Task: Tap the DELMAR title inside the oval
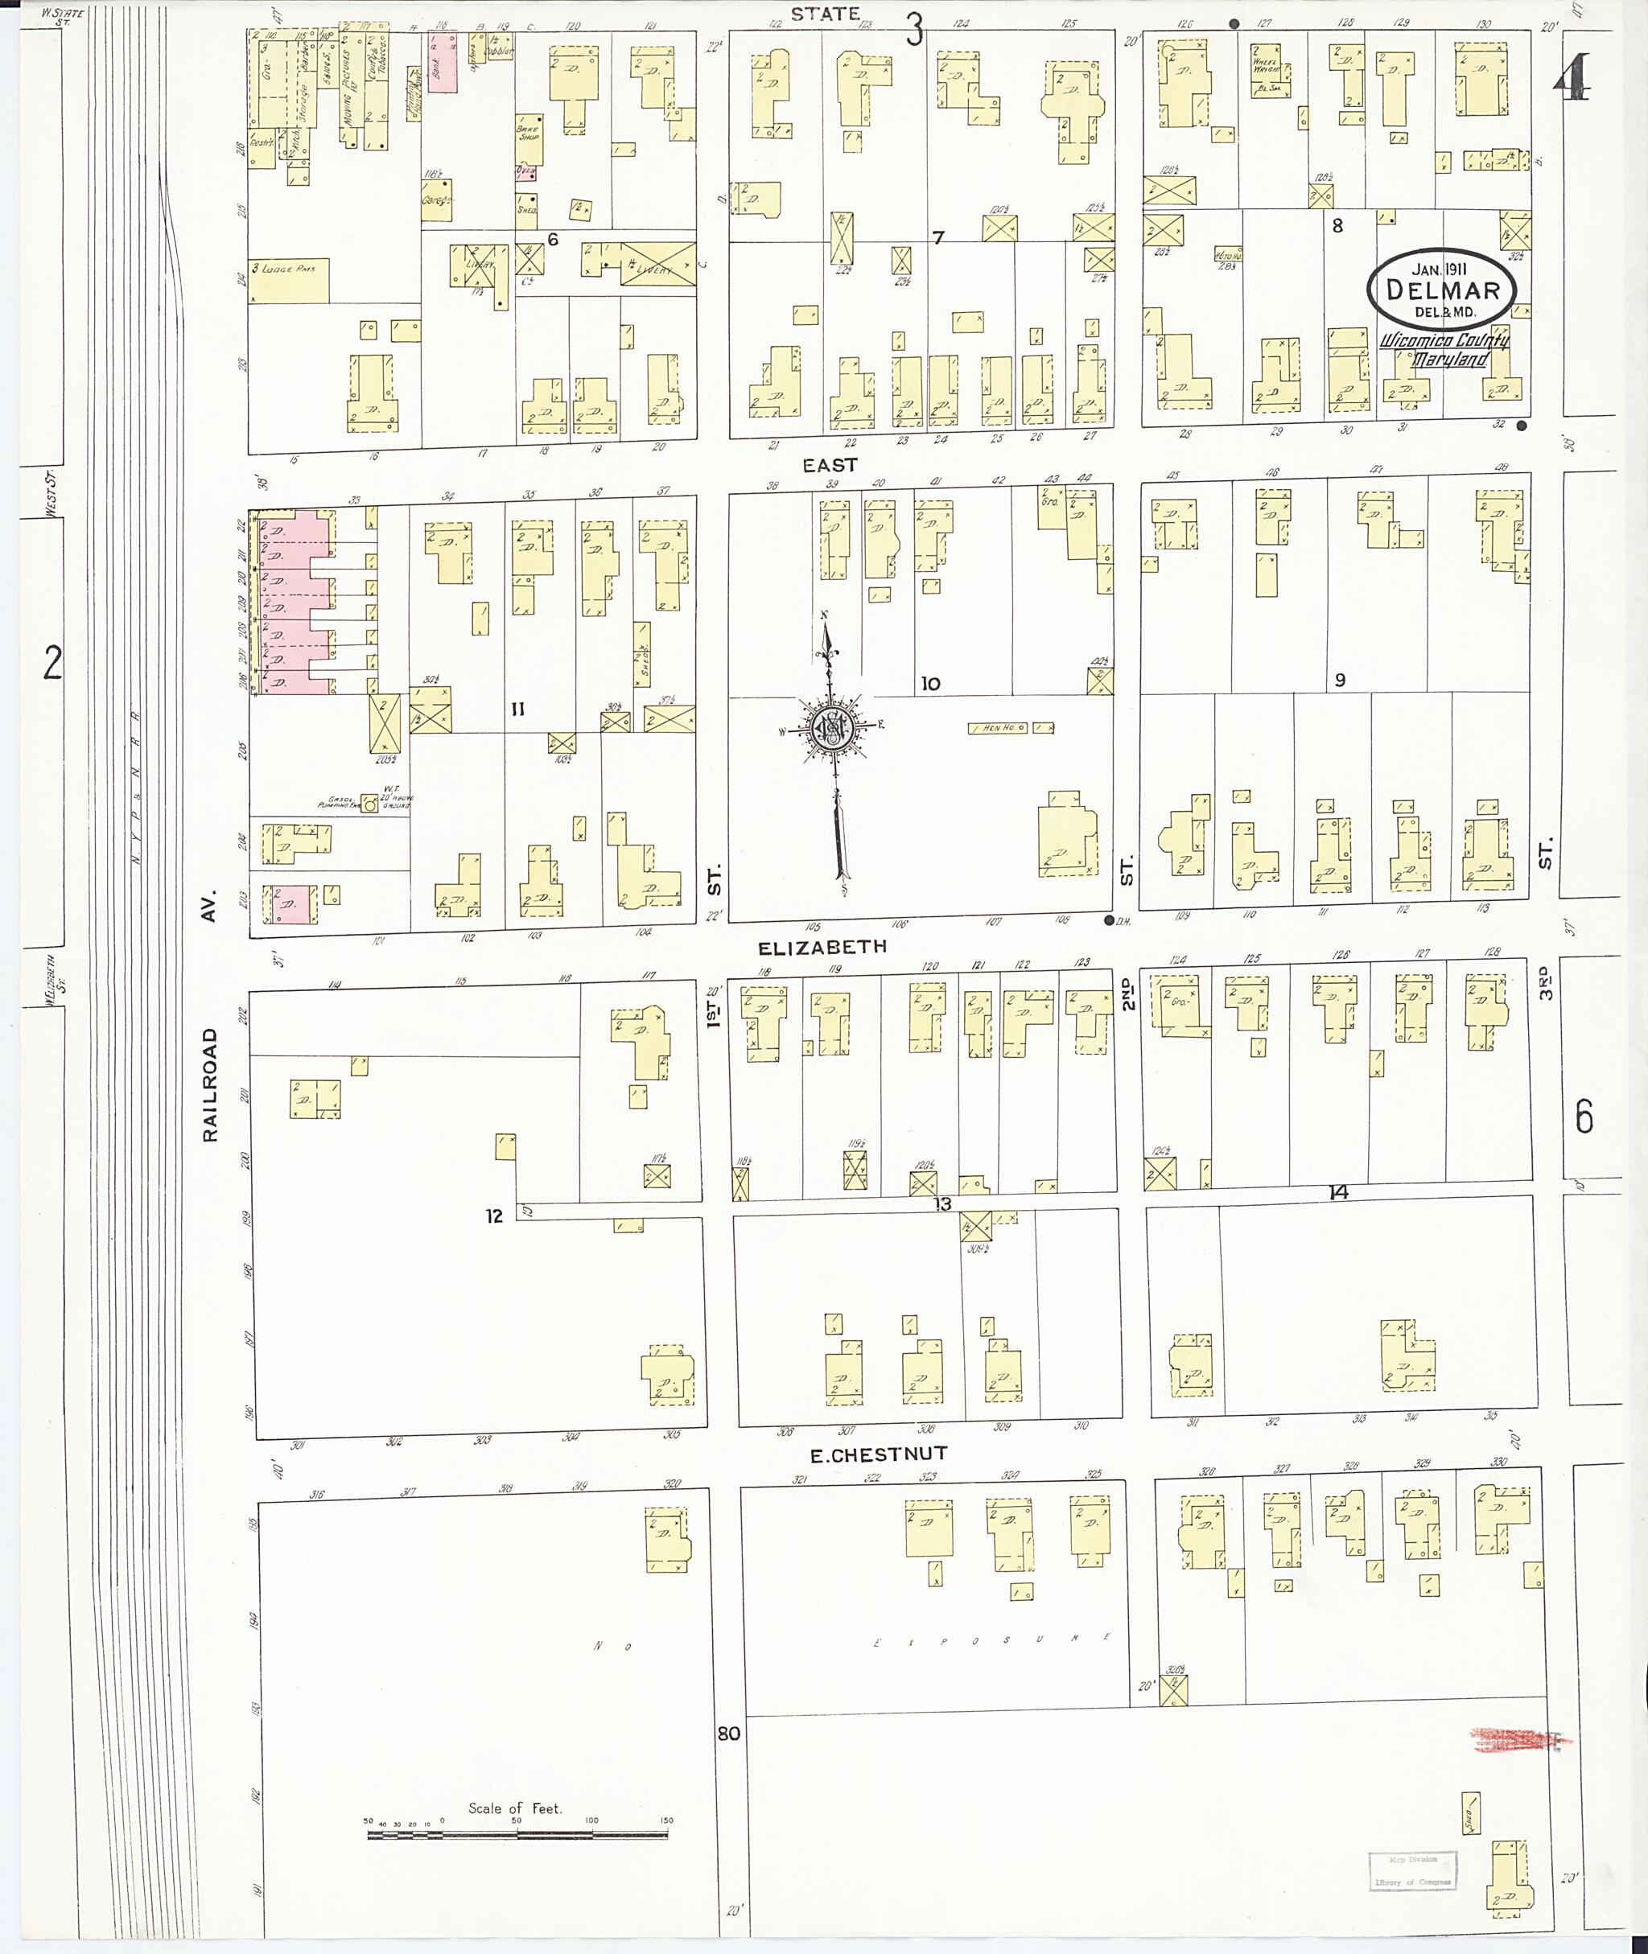(1443, 289)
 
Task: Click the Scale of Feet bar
(517, 1834)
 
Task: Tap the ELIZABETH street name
(822, 947)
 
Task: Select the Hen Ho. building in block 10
(998, 727)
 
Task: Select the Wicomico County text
(1444, 342)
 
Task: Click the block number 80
(729, 1733)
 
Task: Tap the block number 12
(493, 1216)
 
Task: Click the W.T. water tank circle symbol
(371, 804)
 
